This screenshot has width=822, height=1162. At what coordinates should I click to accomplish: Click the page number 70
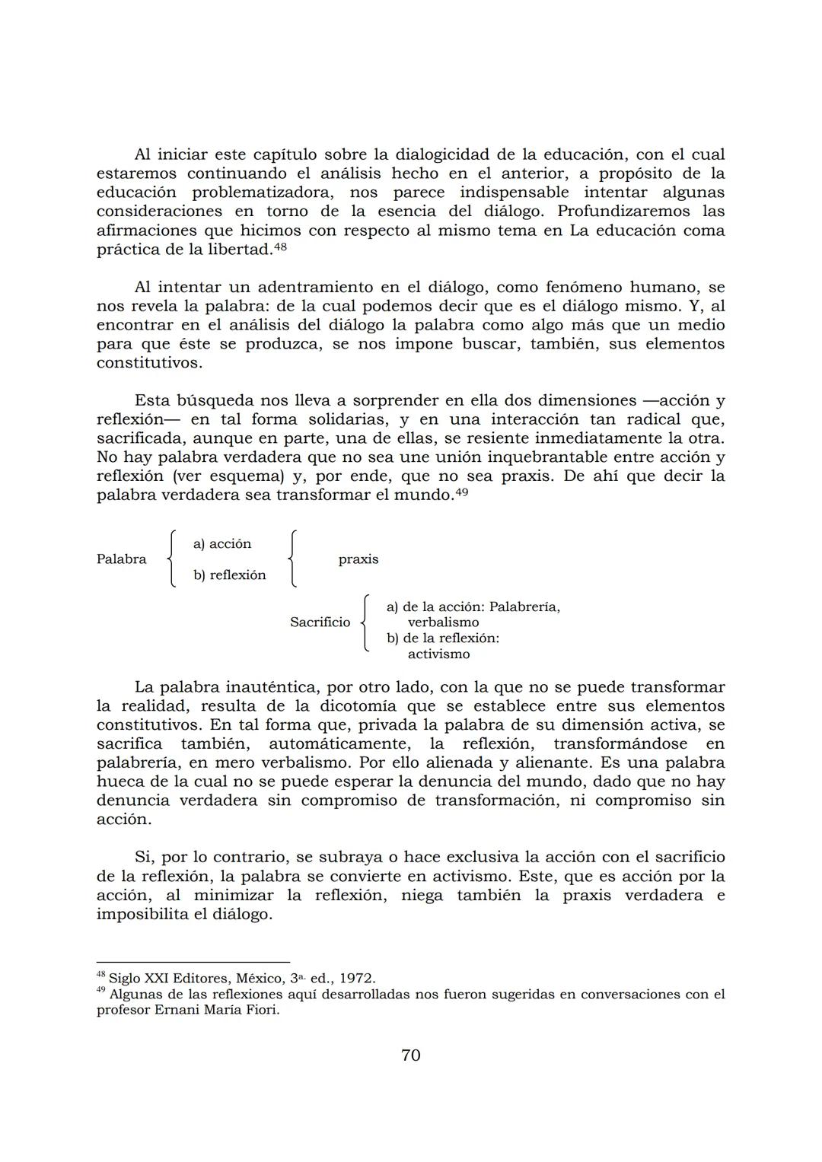(x=410, y=1055)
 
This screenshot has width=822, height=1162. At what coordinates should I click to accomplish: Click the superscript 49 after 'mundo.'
(x=461, y=491)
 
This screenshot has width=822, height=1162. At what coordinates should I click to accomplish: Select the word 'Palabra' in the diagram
(x=121, y=559)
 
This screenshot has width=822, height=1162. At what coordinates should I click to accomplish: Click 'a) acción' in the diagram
(x=221, y=543)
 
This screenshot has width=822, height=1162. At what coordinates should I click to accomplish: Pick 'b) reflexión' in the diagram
(x=229, y=575)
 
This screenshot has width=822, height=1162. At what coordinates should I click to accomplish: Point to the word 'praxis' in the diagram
(x=358, y=559)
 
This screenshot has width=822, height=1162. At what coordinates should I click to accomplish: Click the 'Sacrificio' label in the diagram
(x=320, y=622)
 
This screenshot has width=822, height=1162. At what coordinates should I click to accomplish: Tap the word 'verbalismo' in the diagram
(x=443, y=622)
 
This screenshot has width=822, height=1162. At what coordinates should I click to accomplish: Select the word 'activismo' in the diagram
(x=438, y=654)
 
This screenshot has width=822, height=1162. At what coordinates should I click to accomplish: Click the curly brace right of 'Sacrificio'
(x=365, y=623)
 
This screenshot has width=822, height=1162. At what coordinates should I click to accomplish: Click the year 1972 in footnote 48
(x=356, y=979)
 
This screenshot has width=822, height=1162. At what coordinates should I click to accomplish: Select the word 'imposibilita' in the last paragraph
(x=142, y=914)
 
